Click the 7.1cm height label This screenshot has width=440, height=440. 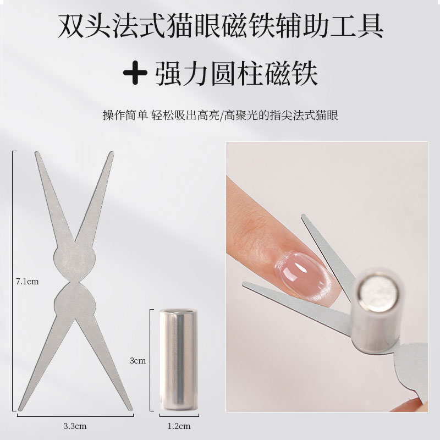27,282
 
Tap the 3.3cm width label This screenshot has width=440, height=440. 75,426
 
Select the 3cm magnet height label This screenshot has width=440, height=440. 138,361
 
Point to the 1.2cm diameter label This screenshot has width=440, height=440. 179,426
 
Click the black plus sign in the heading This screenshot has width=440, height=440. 135,73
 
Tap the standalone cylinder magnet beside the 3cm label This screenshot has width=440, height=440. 179,360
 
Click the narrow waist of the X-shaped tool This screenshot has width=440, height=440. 75,282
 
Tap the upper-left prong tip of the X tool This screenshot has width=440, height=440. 37,153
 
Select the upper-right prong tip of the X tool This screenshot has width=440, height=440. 112,153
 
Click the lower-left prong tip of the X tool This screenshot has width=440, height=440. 20,409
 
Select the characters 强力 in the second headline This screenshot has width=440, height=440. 181,74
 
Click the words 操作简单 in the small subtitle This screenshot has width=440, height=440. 125,116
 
